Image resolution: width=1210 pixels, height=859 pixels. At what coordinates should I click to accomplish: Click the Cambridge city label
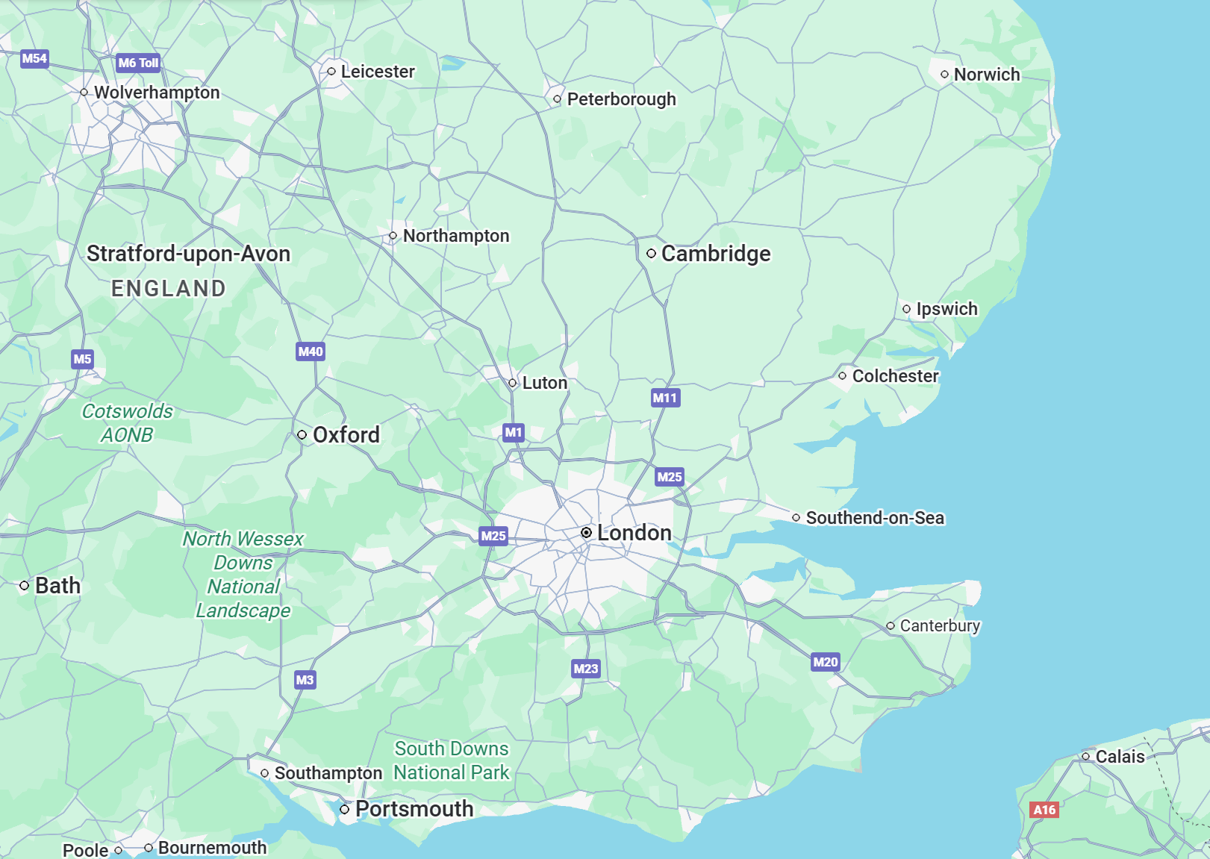pyautogui.click(x=715, y=254)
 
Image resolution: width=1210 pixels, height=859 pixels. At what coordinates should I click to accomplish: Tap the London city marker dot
pyautogui.click(x=587, y=532)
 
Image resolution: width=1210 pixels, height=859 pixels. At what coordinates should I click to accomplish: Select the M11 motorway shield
pyautogui.click(x=665, y=398)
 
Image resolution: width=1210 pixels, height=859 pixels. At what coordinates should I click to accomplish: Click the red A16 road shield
pyautogui.click(x=1044, y=810)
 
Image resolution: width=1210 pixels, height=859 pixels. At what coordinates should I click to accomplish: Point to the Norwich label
pyautogui.click(x=986, y=75)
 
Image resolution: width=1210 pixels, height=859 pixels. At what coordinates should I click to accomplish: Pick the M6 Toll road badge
pyautogui.click(x=138, y=63)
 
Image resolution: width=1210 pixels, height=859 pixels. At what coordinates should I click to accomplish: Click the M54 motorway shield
pyautogui.click(x=34, y=58)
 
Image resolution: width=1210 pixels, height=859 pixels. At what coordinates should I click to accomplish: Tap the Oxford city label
pyautogui.click(x=346, y=435)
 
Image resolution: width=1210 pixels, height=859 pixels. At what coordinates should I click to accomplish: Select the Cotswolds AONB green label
pyautogui.click(x=127, y=422)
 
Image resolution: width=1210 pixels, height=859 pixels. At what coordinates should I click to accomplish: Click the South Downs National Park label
pyautogui.click(x=452, y=760)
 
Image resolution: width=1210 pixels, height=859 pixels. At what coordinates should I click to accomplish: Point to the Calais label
pyautogui.click(x=1120, y=757)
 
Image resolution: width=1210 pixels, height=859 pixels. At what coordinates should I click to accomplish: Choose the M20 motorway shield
pyautogui.click(x=825, y=662)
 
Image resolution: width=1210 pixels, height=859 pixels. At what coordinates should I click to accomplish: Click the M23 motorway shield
pyautogui.click(x=585, y=669)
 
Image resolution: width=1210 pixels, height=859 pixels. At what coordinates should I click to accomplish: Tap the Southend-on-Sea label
pyautogui.click(x=875, y=518)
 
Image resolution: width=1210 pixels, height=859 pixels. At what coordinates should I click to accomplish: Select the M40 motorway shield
pyautogui.click(x=311, y=352)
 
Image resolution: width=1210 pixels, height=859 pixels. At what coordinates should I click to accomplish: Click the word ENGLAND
pyautogui.click(x=169, y=289)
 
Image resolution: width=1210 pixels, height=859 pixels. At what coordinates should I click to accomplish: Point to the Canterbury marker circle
pyautogui.click(x=891, y=626)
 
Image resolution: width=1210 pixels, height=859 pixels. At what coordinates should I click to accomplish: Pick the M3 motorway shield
pyautogui.click(x=305, y=680)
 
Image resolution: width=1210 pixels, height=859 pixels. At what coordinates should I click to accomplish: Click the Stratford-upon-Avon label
pyautogui.click(x=188, y=254)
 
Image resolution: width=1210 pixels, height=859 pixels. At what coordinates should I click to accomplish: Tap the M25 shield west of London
pyautogui.click(x=493, y=536)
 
